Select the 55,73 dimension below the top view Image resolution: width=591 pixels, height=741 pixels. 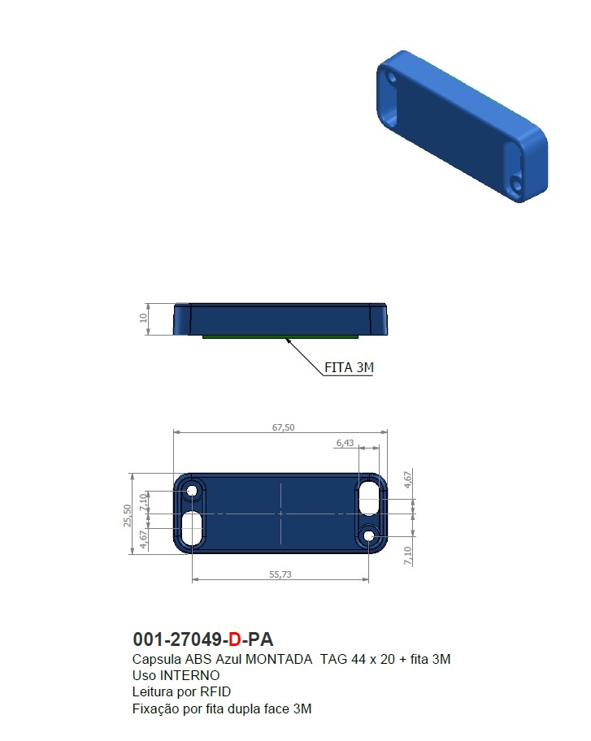pos(280,574)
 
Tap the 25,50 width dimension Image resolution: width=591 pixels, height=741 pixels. pos(127,514)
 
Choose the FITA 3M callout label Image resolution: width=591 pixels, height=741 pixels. pos(349,368)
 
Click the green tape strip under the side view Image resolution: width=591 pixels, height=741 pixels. pos(280,336)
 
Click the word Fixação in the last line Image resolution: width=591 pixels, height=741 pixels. pos(154,708)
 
